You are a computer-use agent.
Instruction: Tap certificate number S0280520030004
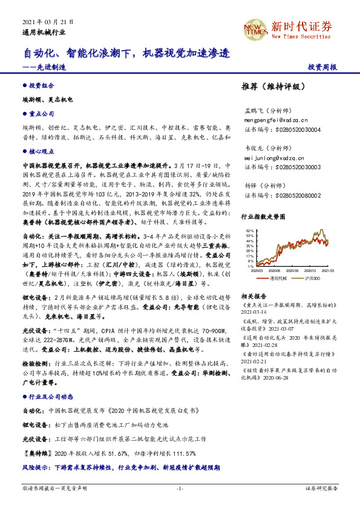coord(281,129)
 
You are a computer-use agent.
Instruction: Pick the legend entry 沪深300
coord(312,279)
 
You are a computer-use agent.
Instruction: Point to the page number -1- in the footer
coord(180,488)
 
